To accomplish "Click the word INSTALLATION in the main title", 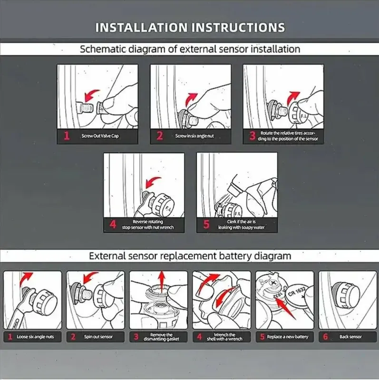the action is pyautogui.click(x=141, y=27).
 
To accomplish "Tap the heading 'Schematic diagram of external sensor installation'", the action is pyautogui.click(x=190, y=49).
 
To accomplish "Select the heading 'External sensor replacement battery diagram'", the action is pyautogui.click(x=190, y=256).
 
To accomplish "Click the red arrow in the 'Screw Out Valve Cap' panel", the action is pyautogui.click(x=91, y=95).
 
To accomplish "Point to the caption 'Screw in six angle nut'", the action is pyautogui.click(x=194, y=136).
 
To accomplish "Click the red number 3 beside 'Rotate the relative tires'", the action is pyautogui.click(x=253, y=136).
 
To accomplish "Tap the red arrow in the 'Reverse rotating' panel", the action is pyautogui.click(x=152, y=182).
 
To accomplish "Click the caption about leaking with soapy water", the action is pyautogui.click(x=241, y=224).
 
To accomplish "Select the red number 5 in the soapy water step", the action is pyautogui.click(x=206, y=224).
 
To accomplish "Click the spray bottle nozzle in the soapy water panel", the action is pyautogui.click(x=235, y=189).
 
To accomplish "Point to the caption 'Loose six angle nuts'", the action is pyautogui.click(x=35, y=337).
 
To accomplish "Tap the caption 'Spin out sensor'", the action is pyautogui.click(x=98, y=337).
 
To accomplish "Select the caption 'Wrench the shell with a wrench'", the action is pyautogui.click(x=224, y=337).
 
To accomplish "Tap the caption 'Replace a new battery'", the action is pyautogui.click(x=288, y=337).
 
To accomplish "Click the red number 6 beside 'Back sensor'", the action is pyautogui.click(x=325, y=337).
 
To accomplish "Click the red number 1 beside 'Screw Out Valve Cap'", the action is pyautogui.click(x=67, y=136).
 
